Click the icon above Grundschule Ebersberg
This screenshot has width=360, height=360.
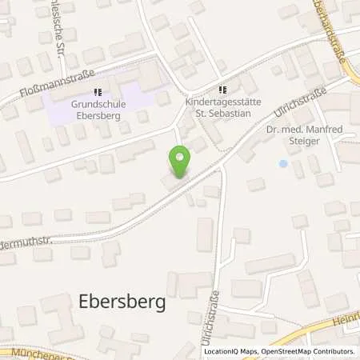[x=98, y=92]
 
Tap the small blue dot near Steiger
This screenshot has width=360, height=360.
[x=282, y=163]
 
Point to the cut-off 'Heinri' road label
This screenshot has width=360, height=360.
[x=346, y=319]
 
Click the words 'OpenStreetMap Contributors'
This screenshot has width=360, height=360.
[x=309, y=351]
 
